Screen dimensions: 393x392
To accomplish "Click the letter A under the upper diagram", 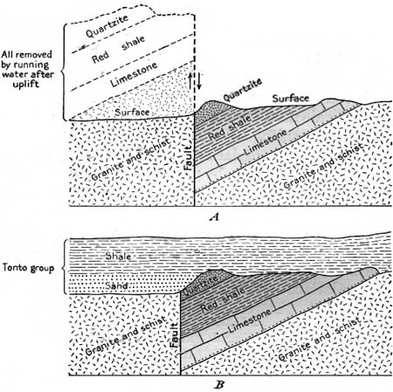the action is (x=215, y=217).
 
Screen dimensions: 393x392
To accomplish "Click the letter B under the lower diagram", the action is (x=219, y=385).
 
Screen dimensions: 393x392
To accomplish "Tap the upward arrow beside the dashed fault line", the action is (x=190, y=80).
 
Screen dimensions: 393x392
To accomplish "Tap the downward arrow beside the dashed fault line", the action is (x=199, y=80).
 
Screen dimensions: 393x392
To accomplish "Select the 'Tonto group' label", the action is (x=28, y=268).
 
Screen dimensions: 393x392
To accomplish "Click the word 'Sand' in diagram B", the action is (x=116, y=285).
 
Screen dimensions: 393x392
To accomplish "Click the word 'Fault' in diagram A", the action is (x=189, y=158).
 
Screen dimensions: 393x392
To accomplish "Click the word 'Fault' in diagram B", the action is (x=174, y=334).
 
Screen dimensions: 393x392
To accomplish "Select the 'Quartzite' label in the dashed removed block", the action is (x=107, y=26).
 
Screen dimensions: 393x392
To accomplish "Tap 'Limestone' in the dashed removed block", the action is (x=134, y=74).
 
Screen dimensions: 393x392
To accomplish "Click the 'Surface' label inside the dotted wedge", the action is (x=132, y=112).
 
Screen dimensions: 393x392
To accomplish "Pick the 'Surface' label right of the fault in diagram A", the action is (x=291, y=99).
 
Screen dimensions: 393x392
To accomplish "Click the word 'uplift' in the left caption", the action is (x=26, y=85).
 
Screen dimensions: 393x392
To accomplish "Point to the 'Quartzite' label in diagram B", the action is (x=201, y=285).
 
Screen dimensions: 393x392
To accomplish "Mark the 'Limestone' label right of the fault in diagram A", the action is (x=265, y=141).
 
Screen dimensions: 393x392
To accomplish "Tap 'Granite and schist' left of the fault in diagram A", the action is (x=130, y=160).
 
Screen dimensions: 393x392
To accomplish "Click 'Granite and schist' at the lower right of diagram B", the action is (x=320, y=339).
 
